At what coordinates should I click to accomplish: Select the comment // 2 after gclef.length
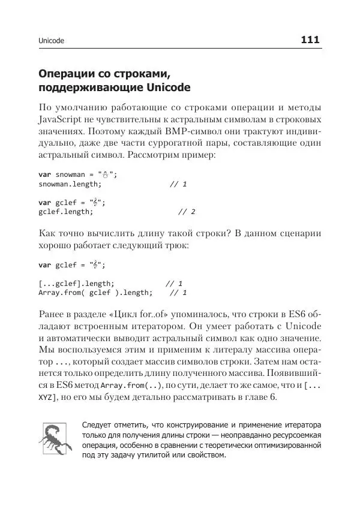[x=187, y=212]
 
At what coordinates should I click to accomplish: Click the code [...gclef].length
[x=76, y=283]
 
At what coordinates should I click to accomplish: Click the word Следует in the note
[x=100, y=424]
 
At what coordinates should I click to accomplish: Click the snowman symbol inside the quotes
[x=104, y=174]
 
